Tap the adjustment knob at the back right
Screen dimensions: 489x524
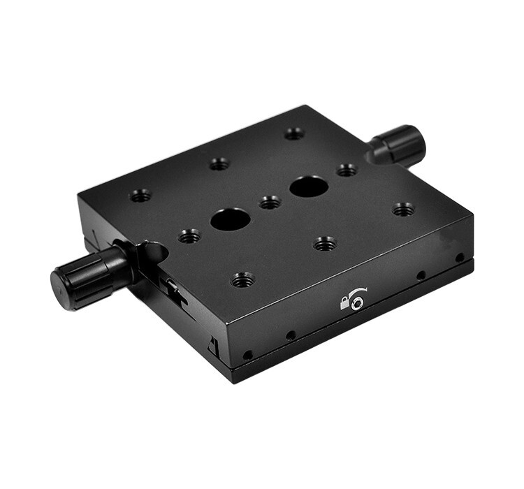coord(401,145)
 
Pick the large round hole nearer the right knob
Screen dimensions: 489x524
coord(308,187)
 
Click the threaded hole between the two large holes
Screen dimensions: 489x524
coord(270,203)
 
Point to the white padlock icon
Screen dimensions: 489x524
coord(344,302)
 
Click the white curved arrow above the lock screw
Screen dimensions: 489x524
coord(357,292)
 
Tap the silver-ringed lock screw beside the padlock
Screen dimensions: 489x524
coord(358,302)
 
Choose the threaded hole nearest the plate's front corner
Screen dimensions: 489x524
coord(242,280)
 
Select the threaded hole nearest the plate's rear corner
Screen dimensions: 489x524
coord(294,133)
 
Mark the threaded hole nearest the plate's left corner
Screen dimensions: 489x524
coord(140,196)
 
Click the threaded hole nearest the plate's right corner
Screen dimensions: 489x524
coord(403,209)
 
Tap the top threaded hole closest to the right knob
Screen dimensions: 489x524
coord(347,170)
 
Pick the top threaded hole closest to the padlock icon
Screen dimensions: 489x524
coord(324,244)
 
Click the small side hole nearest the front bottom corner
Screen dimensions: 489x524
coord(248,355)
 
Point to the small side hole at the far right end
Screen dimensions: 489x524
coord(460,258)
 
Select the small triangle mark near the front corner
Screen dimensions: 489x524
coord(212,344)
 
